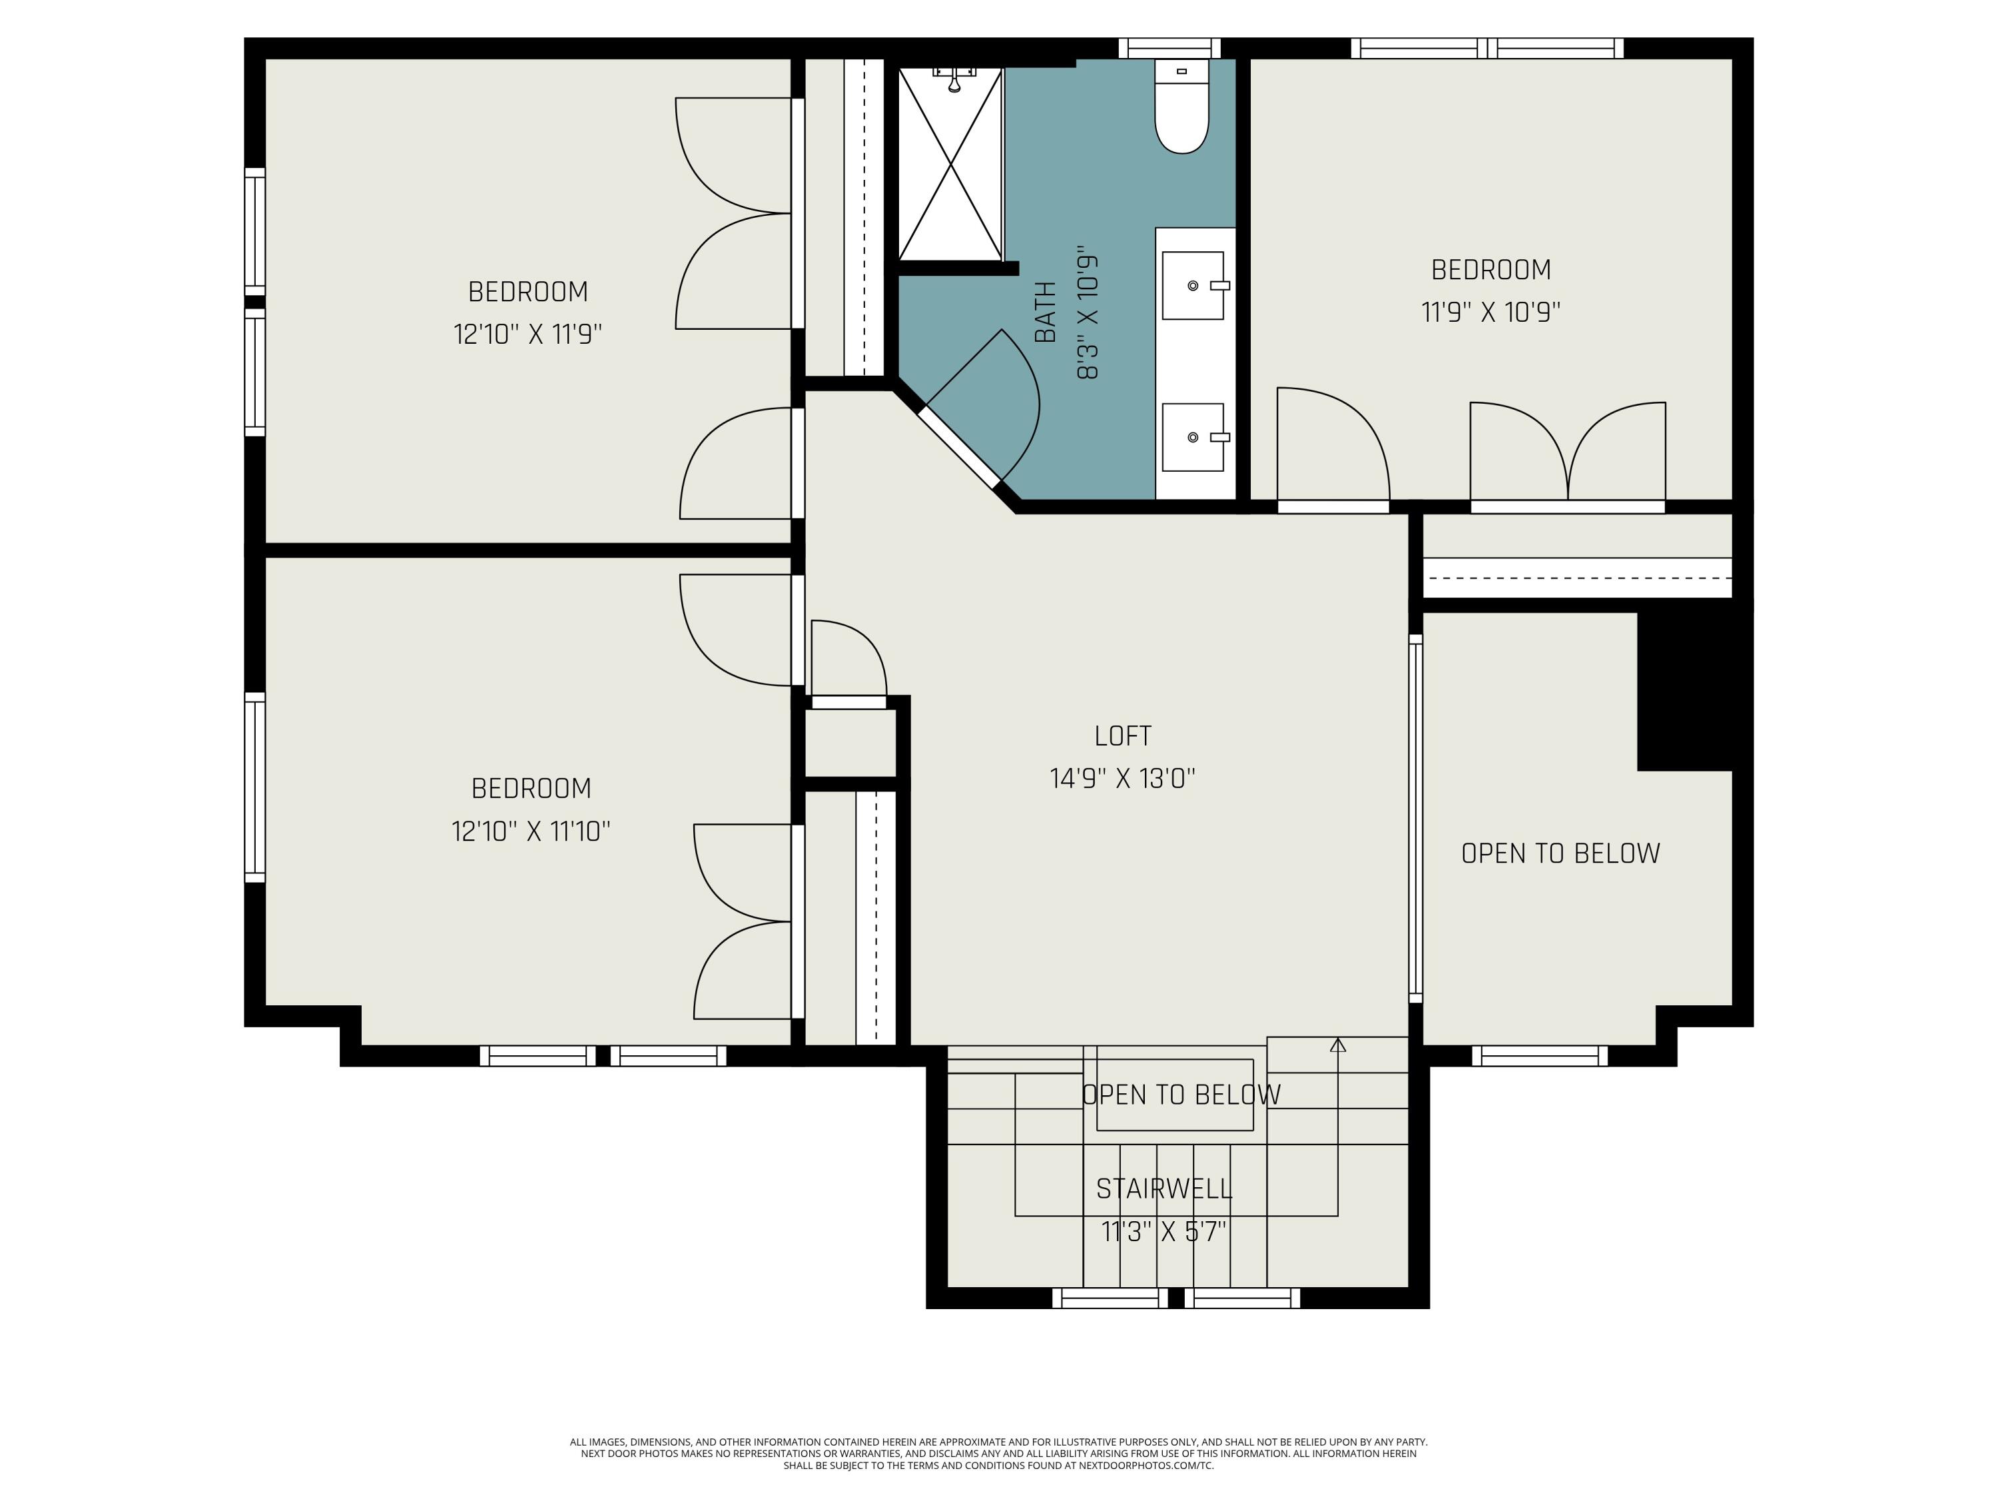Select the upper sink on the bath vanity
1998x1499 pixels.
pyautogui.click(x=1192, y=286)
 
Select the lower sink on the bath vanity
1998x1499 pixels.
pyautogui.click(x=1192, y=437)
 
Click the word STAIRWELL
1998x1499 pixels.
pyautogui.click(x=1164, y=1189)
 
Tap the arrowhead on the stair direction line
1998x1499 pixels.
pyautogui.click(x=1338, y=1045)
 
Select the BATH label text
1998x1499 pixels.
pyautogui.click(x=1045, y=312)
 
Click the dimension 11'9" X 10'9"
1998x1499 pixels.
pyautogui.click(x=1491, y=312)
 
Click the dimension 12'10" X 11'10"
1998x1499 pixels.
pyautogui.click(x=531, y=831)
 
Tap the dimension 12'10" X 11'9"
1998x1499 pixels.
pyautogui.click(x=527, y=335)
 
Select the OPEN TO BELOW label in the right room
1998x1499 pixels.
pyautogui.click(x=1560, y=854)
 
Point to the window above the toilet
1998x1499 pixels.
pyautogui.click(x=1169, y=48)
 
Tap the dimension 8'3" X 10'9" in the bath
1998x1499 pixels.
pyautogui.click(x=1088, y=312)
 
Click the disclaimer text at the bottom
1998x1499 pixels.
pyautogui.click(x=998, y=1454)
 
